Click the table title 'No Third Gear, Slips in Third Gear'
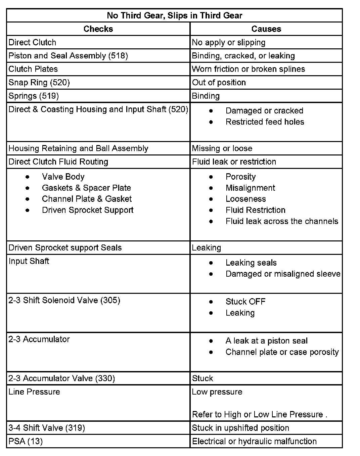(174, 15)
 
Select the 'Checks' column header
(98, 29)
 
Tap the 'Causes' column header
(266, 29)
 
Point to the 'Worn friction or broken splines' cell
(248, 69)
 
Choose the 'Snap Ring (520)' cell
(39, 83)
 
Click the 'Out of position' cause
(219, 83)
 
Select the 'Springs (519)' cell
(34, 96)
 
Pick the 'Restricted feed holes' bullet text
(265, 122)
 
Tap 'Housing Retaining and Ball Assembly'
(78, 148)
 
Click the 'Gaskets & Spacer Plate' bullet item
(86, 188)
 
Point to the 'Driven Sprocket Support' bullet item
(88, 210)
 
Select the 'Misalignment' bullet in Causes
(250, 188)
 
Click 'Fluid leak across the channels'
(282, 221)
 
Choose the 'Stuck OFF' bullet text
(245, 302)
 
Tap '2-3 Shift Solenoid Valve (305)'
(64, 300)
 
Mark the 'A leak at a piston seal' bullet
(266, 341)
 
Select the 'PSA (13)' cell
(26, 441)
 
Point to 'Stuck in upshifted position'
(240, 428)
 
